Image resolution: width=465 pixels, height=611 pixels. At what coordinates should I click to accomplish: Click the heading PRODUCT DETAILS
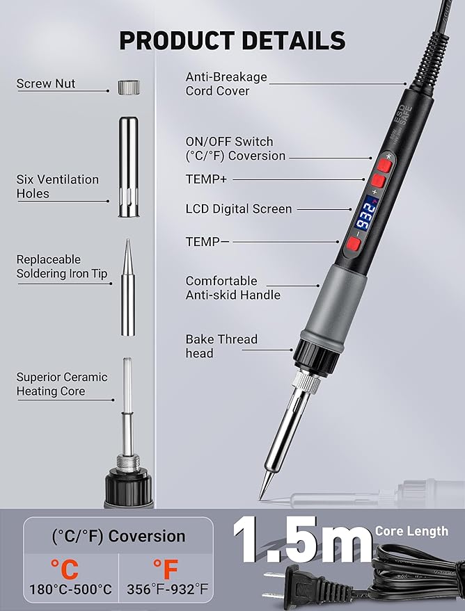point(232,40)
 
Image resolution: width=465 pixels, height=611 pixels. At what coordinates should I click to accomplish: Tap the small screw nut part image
point(129,87)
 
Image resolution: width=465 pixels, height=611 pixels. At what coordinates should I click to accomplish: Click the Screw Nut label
point(46,83)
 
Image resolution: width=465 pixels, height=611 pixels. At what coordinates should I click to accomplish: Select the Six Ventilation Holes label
point(57,186)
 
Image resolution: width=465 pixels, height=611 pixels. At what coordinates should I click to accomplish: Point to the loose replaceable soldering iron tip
point(128,288)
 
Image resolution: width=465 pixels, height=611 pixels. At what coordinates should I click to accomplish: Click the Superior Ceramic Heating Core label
point(62,384)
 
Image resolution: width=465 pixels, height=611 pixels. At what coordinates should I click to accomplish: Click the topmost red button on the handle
point(384,165)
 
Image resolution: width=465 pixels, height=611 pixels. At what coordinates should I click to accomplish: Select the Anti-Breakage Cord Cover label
point(226,84)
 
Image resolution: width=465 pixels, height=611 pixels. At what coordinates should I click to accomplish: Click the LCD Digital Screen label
point(239,209)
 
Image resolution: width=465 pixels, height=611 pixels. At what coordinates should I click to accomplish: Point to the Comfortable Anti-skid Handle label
point(233,288)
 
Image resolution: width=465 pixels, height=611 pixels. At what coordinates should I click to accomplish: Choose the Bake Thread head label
point(221,346)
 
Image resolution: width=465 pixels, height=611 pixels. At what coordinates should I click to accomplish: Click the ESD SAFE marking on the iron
point(403,115)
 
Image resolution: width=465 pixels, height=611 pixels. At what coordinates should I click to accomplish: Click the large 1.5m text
point(302,539)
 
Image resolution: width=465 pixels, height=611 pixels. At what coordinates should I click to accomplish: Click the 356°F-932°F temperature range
point(167,589)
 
